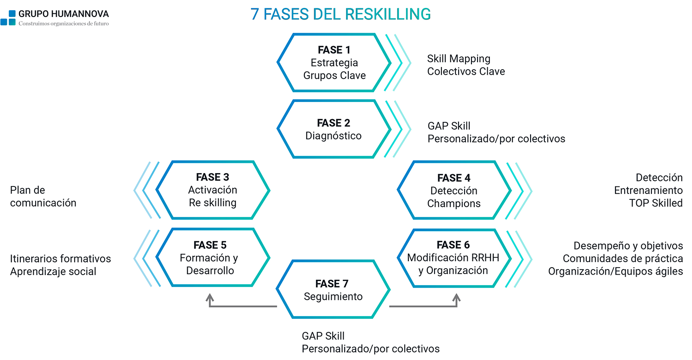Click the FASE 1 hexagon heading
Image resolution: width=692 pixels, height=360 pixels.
pyautogui.click(x=334, y=50)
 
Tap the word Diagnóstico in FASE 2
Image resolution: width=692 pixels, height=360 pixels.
pyautogui.click(x=334, y=136)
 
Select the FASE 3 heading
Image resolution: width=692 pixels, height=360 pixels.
pyautogui.click(x=212, y=177)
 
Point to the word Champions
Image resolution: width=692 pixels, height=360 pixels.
pyautogui.click(x=454, y=204)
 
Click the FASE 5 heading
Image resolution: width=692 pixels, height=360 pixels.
pyautogui.click(x=210, y=245)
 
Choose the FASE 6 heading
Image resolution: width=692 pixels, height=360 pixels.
pyautogui.click(x=453, y=245)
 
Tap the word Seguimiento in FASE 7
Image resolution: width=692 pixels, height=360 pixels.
pyautogui.click(x=333, y=297)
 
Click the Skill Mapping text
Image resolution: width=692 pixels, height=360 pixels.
pyautogui.click(x=459, y=59)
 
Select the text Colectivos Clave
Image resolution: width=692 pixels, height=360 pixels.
pyautogui.click(x=466, y=72)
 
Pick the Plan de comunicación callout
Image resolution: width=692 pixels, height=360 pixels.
pyautogui.click(x=43, y=197)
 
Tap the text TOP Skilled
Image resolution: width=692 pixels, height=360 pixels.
pyautogui.click(x=656, y=203)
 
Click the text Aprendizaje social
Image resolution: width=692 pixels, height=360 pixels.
pyautogui.click(x=53, y=271)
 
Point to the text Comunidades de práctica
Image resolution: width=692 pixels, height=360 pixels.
pyautogui.click(x=623, y=258)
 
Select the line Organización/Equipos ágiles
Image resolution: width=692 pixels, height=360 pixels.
pyautogui.click(x=615, y=271)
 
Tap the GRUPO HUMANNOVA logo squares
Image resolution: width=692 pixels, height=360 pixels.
pyautogui.click(x=8, y=18)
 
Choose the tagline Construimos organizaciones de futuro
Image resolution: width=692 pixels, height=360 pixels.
pyautogui.click(x=64, y=24)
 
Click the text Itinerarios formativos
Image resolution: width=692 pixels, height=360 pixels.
pyautogui.click(x=60, y=258)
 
